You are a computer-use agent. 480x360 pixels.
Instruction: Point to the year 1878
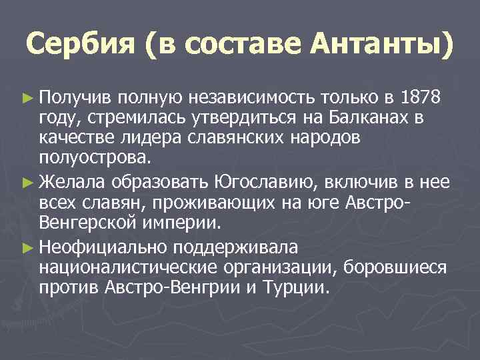421,99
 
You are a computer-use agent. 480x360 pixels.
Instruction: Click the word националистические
125,268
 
